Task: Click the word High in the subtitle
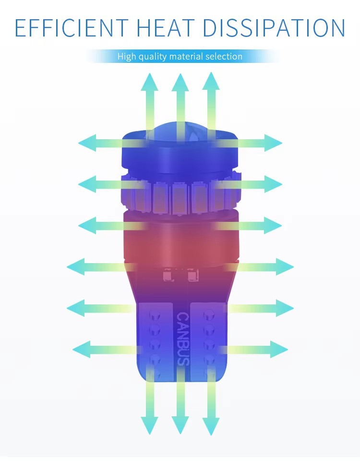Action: [127, 57]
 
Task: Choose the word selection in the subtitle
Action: [224, 57]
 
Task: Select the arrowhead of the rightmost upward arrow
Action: [211, 80]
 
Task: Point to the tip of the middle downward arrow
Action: [180, 428]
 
